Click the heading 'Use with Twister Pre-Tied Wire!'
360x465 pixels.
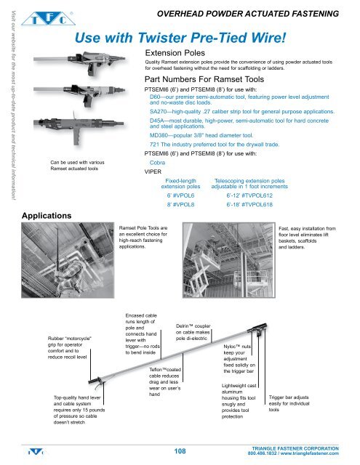click(183, 36)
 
